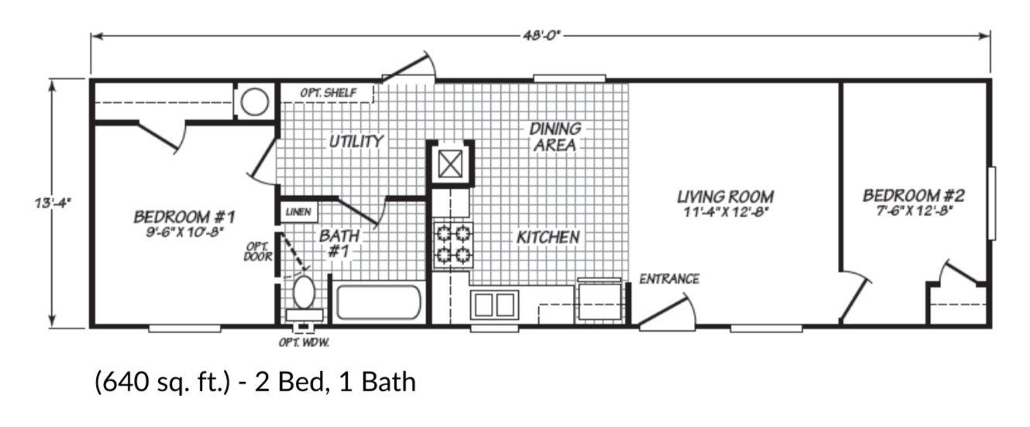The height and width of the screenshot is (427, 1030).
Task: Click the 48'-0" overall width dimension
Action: pos(540,35)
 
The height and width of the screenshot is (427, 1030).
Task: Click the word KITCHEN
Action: pos(548,237)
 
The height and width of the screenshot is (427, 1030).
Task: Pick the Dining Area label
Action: pos(554,136)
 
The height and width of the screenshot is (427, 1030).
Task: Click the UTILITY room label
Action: pos(355,141)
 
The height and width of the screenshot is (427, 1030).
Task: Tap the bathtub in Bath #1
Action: pos(379,303)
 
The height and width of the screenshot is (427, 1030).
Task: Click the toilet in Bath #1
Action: pos(304,294)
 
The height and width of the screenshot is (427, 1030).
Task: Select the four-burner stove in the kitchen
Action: pos(452,243)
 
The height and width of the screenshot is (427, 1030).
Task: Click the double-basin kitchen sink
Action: pos(494,305)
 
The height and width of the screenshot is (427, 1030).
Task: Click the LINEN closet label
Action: pos(297,212)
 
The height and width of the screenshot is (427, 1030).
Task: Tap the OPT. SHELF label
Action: pos(328,93)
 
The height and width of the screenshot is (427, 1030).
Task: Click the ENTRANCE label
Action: pos(669,279)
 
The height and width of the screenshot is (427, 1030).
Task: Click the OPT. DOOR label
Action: pos(257,252)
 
